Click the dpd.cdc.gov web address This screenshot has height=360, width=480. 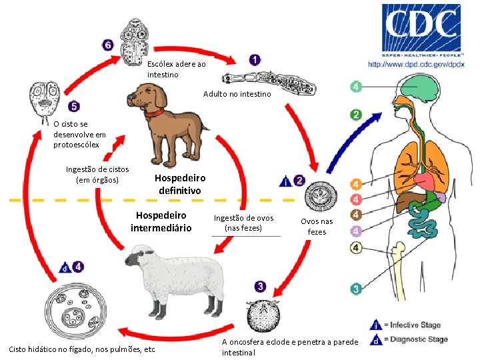point(416,64)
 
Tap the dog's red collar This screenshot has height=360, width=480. point(155,113)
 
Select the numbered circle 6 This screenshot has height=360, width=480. point(108,45)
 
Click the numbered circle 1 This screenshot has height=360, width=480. point(255,60)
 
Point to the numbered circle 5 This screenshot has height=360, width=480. point(73,106)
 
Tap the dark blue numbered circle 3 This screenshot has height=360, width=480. point(259,287)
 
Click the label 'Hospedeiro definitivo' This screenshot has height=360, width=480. point(180,184)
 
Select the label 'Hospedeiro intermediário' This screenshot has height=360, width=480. point(161,222)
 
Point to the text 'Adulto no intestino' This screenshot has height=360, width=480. point(237,95)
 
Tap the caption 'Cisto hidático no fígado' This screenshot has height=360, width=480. point(81,349)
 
